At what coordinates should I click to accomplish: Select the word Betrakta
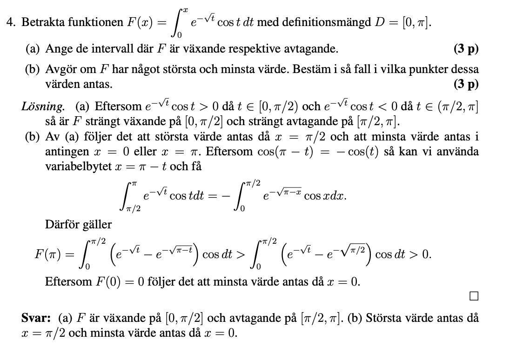pos(39,22)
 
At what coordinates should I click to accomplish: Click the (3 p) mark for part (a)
pos(466,48)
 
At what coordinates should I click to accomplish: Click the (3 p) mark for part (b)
pos(466,84)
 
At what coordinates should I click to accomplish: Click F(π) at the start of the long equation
pos(47,254)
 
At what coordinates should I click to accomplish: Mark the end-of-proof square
pos(474,296)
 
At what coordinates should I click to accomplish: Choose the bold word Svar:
pos(36,318)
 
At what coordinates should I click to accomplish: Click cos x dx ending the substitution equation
pos(325,196)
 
